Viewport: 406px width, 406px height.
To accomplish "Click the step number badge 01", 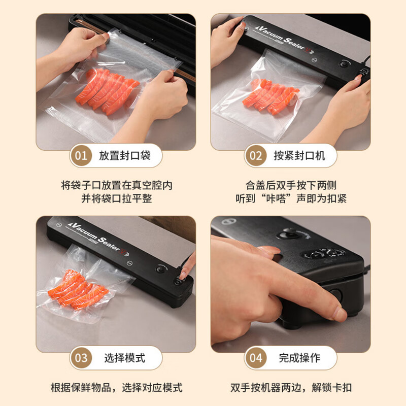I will pos(81,155).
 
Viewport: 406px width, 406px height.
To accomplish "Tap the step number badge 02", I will pos(256,155).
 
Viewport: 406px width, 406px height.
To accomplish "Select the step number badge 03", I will pos(81,358).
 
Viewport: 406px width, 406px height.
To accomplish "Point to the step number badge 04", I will pos(256,358).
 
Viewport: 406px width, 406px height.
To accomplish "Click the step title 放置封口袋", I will pos(125,155).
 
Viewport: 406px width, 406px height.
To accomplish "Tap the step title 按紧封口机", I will pos(299,155).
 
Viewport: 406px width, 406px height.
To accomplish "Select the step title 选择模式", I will pos(125,358).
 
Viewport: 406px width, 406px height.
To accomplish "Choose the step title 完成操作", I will pos(299,358).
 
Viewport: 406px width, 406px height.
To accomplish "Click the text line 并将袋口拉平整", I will pos(117,198).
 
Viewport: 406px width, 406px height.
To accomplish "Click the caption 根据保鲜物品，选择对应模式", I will pos(117,388).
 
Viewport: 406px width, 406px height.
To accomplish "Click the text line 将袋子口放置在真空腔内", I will pos(117,185).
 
